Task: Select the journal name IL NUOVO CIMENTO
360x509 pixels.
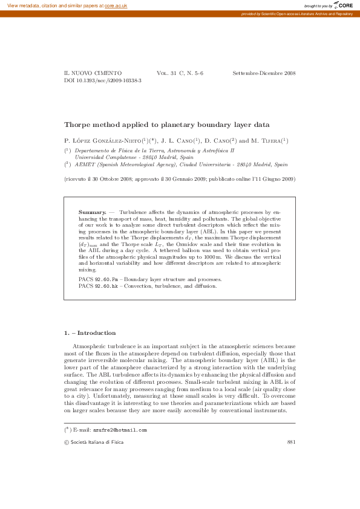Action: coord(93,73)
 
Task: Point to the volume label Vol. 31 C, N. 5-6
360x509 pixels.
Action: coord(180,73)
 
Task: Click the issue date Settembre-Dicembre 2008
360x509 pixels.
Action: coord(264,73)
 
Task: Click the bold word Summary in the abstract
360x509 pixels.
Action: coord(92,213)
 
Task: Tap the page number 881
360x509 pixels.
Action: coord(291,443)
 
